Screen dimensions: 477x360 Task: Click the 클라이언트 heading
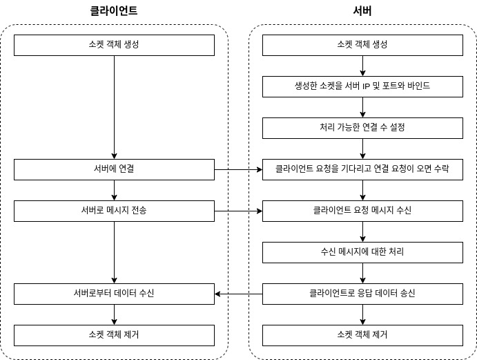point(114,10)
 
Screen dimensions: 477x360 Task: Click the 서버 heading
point(362,10)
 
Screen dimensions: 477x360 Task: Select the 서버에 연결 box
point(114,169)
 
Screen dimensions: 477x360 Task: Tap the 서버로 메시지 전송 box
point(114,211)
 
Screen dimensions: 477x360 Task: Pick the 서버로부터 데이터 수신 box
point(114,294)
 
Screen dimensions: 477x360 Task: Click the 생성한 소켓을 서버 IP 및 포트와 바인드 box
point(362,86)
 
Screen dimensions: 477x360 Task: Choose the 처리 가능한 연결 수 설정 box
point(362,128)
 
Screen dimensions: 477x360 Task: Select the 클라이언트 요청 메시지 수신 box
point(362,211)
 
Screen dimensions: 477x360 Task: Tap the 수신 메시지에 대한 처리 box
point(362,252)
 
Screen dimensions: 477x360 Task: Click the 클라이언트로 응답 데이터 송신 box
point(362,294)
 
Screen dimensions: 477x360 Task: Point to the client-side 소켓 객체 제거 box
point(114,335)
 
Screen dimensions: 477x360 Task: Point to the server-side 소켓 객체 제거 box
point(362,335)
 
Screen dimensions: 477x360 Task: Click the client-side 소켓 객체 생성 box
point(114,45)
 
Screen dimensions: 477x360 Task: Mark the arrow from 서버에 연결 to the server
point(239,169)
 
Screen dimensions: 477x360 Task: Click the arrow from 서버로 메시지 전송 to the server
point(239,211)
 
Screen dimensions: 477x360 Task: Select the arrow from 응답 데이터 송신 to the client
point(239,294)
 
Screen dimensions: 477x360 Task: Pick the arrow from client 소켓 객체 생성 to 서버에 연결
point(114,107)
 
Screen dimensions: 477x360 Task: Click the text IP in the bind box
point(366,86)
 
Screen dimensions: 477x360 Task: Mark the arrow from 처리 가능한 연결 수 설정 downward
point(362,149)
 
